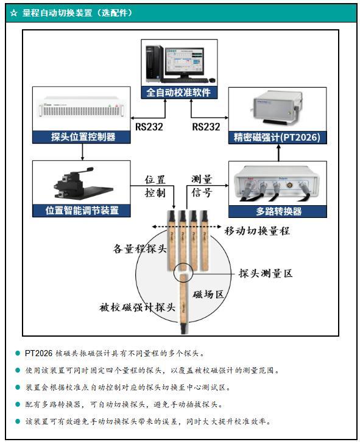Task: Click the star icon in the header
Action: coord(13,13)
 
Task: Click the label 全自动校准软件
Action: coord(179,93)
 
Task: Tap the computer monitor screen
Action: coord(184,60)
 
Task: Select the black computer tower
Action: coord(154,64)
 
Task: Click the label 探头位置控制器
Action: coord(83,137)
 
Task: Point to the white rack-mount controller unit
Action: coord(82,107)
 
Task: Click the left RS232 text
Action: coord(149,127)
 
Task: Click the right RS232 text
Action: coord(206,127)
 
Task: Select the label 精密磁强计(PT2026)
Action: coord(277,138)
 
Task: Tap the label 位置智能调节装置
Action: coord(82,210)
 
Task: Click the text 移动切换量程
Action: coord(257,231)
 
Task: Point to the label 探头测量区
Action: coord(266,273)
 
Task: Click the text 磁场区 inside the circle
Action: coord(208,294)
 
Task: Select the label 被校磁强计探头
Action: coord(138,307)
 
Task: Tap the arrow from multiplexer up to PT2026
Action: coord(279,153)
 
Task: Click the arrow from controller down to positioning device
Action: coord(82,152)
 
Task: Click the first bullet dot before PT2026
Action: coord(18,353)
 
